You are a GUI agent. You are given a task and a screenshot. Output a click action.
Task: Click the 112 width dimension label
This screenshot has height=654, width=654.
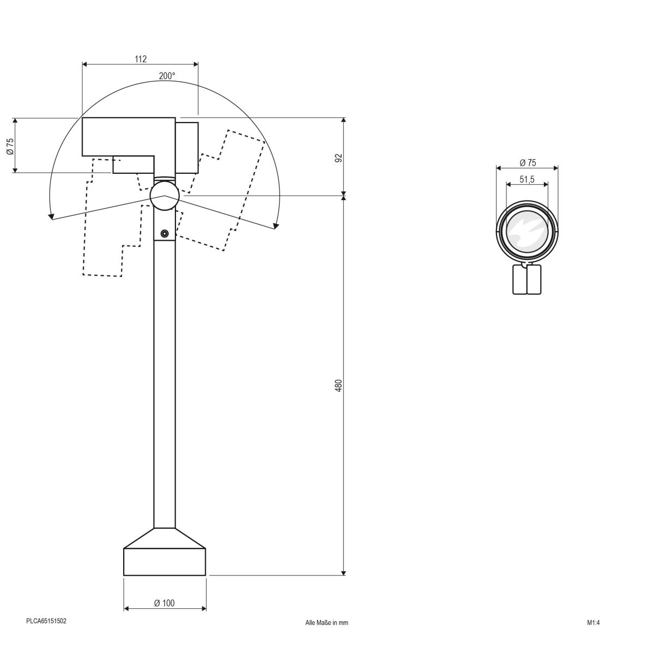[x=140, y=59]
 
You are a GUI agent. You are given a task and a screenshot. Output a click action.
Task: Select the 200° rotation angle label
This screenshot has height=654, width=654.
[x=167, y=76]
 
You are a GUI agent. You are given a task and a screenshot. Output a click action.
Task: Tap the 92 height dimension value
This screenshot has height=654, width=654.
[x=338, y=158]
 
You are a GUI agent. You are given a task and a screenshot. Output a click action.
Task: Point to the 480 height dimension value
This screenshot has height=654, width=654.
[x=338, y=386]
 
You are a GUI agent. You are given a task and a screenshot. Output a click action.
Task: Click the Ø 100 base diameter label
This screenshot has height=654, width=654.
[x=165, y=603]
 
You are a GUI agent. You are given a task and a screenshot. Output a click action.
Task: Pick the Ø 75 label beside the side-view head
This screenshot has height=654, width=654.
[x=10, y=146]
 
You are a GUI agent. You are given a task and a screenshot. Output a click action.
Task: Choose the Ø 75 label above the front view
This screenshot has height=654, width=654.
[x=527, y=162]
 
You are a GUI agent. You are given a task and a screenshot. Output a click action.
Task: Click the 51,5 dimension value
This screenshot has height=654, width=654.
[x=526, y=179]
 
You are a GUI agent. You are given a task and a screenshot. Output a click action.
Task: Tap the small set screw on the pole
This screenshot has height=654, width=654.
[x=164, y=234]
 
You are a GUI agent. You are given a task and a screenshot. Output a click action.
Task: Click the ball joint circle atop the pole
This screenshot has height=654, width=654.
[x=164, y=196]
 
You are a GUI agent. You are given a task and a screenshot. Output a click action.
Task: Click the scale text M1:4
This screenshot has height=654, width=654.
[x=593, y=622]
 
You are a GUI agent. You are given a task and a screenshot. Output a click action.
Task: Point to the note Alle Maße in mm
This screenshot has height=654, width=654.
[x=326, y=622]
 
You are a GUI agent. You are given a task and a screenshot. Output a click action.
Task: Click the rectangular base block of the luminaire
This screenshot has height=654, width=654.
[x=165, y=562]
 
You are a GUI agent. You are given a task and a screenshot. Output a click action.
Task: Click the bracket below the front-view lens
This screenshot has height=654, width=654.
[x=526, y=278]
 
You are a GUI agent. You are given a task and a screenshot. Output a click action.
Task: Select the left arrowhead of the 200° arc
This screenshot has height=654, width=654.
[x=51, y=216]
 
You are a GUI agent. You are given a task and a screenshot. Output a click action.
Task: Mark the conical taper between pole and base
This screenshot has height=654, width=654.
[x=165, y=538]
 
